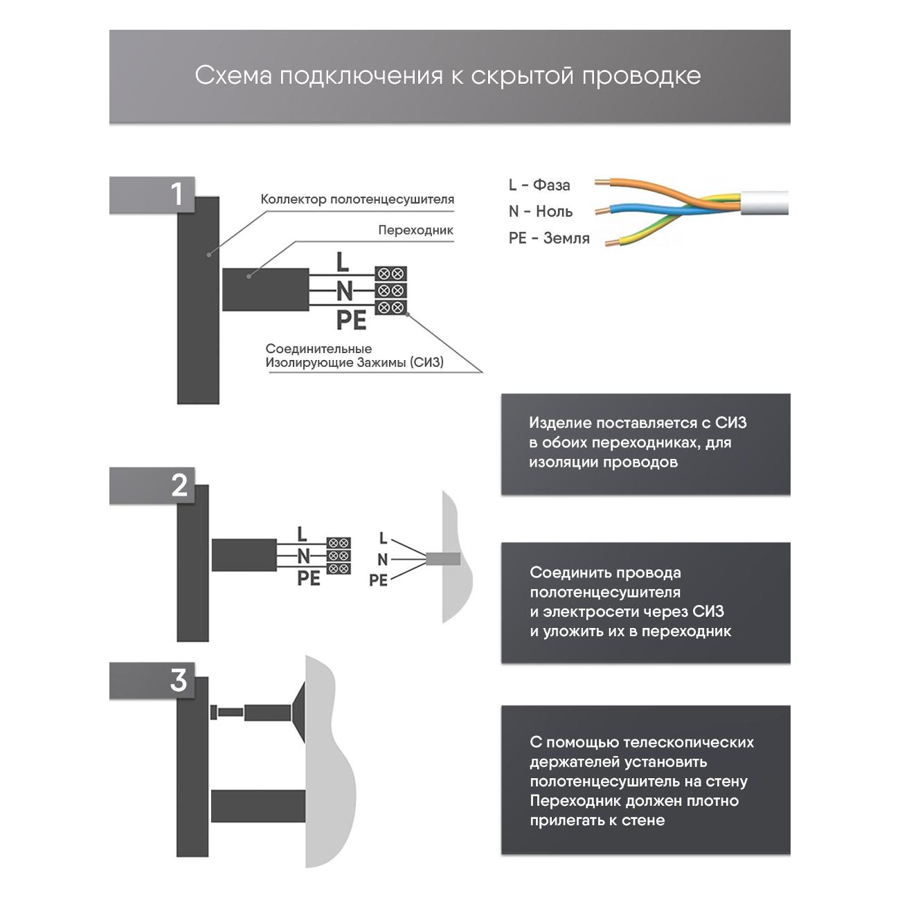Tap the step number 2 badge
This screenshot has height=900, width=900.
coord(179,485)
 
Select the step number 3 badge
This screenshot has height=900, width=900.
coord(179,680)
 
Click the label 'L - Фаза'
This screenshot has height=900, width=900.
coord(539,185)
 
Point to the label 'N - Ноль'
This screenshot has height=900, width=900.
coord(541,211)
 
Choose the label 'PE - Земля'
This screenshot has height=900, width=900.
coord(549,238)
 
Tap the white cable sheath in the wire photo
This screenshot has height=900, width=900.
coord(764,203)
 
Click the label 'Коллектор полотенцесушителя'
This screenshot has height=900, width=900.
coord(357,199)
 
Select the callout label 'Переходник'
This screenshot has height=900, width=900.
coord(415,230)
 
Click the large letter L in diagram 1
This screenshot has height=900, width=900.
coord(342,262)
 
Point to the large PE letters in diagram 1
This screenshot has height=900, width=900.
coord(351,321)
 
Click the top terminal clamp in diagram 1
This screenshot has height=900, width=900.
coord(390,273)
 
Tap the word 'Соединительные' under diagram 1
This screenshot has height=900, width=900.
coord(318,349)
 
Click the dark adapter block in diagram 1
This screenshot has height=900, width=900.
coord(265,289)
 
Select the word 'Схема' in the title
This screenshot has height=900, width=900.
coord(233,75)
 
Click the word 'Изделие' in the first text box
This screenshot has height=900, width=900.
coord(560,423)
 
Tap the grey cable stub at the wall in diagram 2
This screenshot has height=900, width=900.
coord(444,559)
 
